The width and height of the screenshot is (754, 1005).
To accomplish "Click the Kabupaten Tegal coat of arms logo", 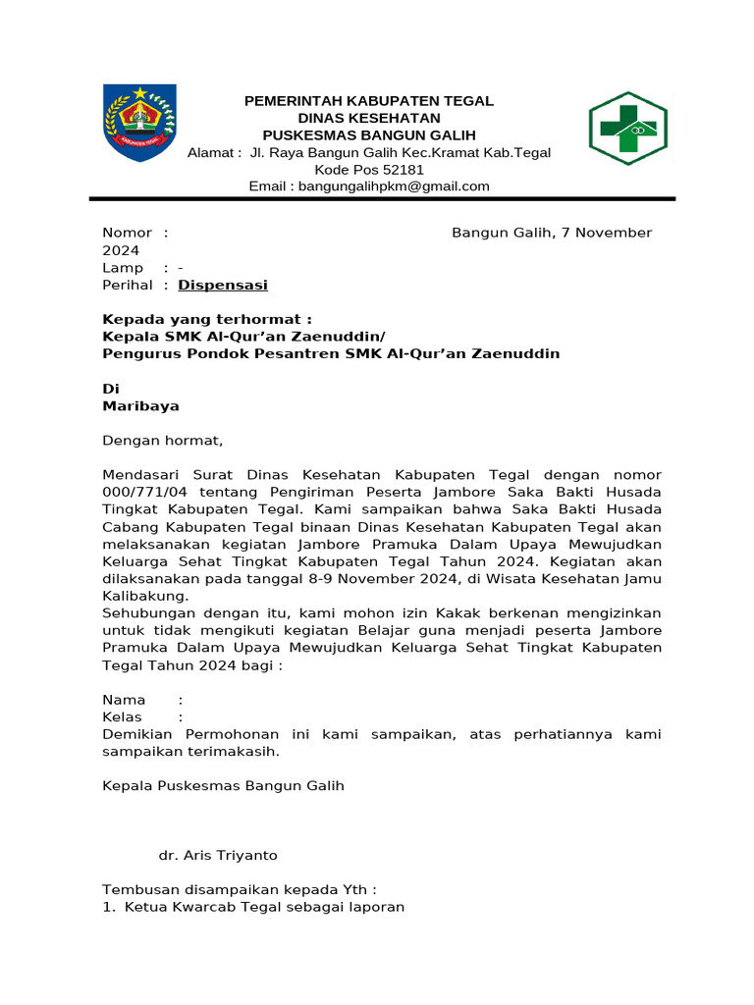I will pos(139,123).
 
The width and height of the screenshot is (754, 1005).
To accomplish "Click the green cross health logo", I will pos(627,128).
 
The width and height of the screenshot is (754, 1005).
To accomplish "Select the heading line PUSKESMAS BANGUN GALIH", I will pos(368,134).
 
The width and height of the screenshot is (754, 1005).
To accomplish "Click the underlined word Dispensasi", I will pos(223,286).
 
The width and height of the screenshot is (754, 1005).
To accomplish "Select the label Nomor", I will pos(128,233).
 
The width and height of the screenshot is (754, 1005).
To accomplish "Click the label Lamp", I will pos(123,268).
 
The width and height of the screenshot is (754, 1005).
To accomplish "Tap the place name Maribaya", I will pos(141,405).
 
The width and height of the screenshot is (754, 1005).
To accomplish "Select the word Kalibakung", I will pos(145,596).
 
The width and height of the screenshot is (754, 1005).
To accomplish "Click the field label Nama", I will pos(124,700).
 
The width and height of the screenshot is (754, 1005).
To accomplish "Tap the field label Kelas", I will pos(123,717).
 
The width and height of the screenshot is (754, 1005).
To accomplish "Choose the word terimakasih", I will pos(237,752).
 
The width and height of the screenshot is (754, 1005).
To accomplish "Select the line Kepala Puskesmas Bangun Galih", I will pos(224,786).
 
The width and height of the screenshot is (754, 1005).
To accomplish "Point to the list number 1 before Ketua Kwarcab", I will pos(107,908).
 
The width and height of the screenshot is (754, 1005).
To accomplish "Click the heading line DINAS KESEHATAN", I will pos(368,118).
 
